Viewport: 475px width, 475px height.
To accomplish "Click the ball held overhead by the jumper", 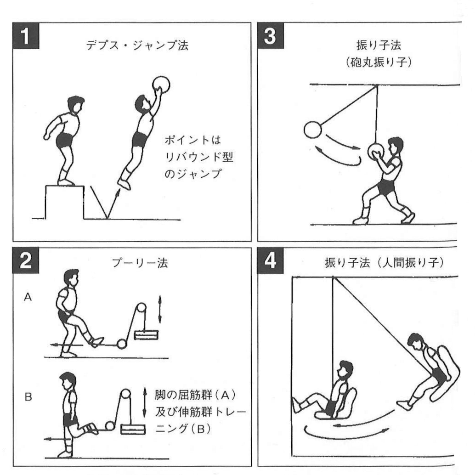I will point(161,84).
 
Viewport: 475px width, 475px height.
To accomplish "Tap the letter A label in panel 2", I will point(28,297).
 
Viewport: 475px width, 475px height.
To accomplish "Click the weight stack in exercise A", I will point(146,335).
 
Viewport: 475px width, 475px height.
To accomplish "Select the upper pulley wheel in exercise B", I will point(126,396).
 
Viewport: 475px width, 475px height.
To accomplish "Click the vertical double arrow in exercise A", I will point(160,309).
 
